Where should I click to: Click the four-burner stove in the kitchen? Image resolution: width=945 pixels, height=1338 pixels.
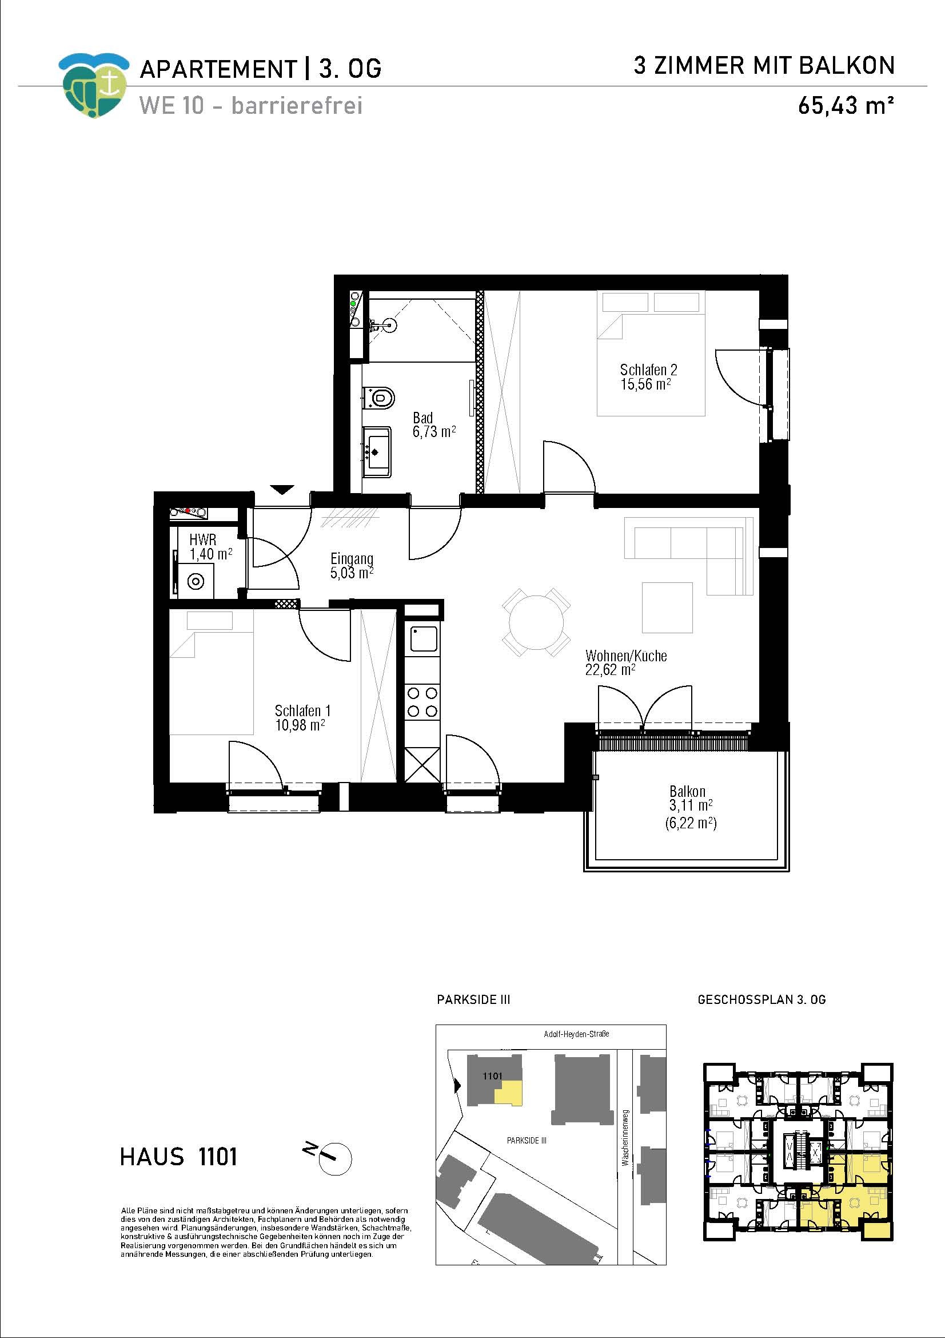pyautogui.click(x=422, y=702)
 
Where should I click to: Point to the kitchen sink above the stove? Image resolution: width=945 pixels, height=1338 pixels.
pyautogui.click(x=423, y=639)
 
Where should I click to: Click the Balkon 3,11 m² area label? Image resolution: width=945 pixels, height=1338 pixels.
pyautogui.click(x=691, y=798)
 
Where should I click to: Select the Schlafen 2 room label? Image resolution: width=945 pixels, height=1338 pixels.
pyautogui.click(x=648, y=370)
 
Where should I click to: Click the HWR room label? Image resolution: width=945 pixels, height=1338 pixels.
pyautogui.click(x=202, y=540)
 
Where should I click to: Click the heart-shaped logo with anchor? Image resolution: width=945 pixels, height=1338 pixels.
pyautogui.click(x=93, y=86)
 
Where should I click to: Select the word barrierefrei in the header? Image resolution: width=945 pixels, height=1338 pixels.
pyautogui.click(x=297, y=105)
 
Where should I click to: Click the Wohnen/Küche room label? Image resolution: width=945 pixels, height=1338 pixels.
pyautogui.click(x=626, y=656)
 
